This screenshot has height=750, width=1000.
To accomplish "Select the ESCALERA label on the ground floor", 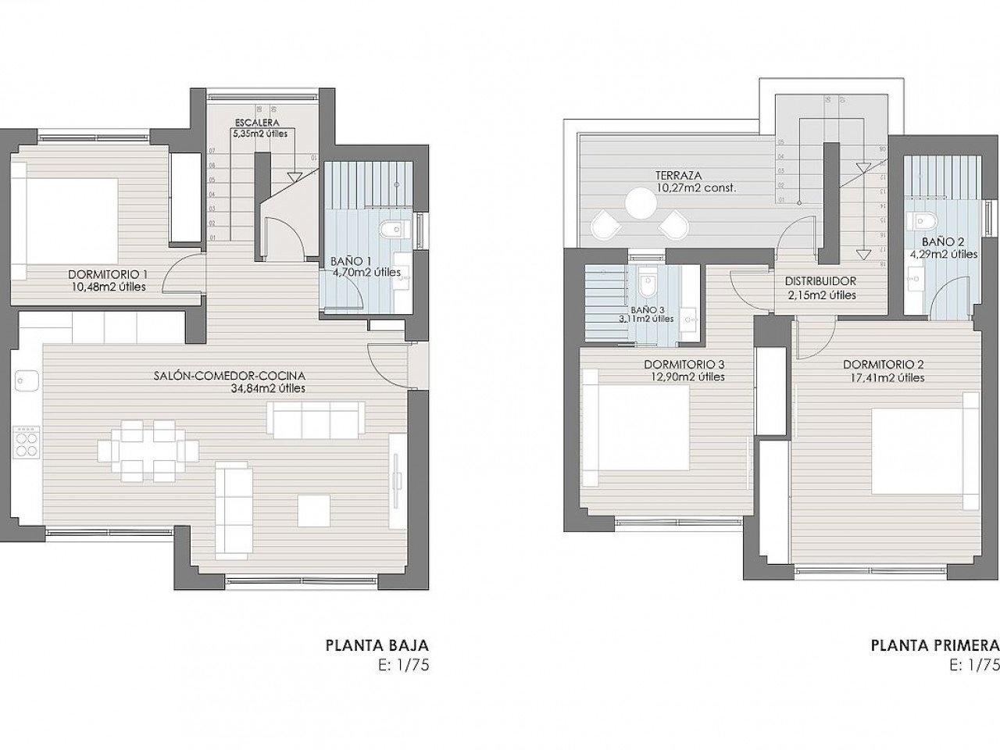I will [259, 122].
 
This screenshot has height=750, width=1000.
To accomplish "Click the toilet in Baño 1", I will [392, 229].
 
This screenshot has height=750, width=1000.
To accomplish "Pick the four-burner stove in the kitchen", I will [26, 443].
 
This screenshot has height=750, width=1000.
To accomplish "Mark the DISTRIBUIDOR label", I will [820, 281].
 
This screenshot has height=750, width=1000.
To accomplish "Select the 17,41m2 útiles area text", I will [884, 377].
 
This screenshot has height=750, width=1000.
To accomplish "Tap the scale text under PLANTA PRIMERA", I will [974, 666].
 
